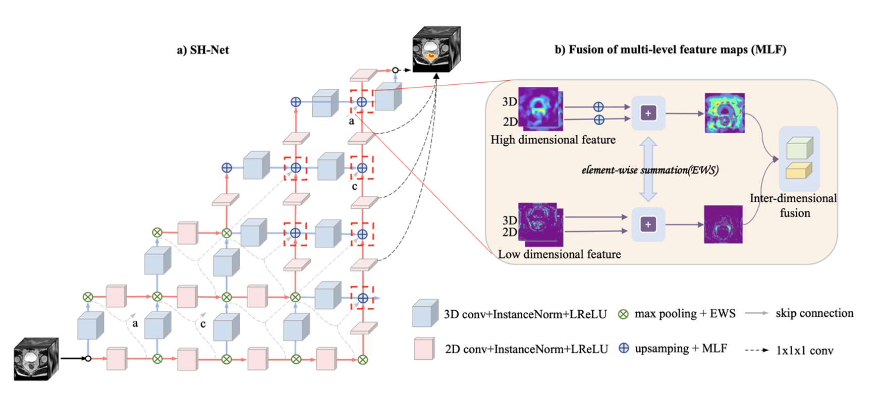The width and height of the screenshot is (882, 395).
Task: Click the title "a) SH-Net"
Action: pos(203,50)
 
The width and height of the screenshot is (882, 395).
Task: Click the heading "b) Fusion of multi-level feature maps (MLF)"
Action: pos(670,49)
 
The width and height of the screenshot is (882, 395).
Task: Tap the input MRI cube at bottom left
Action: pos(36,359)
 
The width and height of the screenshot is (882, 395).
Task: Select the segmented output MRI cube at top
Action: pos(436,49)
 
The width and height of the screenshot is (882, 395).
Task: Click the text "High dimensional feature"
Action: pos(553,140)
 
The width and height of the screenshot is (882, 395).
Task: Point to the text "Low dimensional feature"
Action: pos(559,254)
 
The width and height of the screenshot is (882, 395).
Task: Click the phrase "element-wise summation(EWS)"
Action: pos(650,170)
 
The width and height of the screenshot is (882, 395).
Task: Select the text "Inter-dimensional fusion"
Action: pos(794,205)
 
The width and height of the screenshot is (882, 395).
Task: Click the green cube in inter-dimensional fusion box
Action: pos(799,148)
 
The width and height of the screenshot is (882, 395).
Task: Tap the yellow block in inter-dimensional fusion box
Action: pos(799,171)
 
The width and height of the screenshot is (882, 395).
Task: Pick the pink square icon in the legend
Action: pos(424,349)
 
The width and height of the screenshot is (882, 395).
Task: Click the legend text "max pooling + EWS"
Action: pos(685,314)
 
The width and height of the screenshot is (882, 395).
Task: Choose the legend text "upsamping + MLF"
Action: pos(681,349)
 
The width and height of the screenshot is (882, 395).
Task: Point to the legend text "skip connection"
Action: pos(814,313)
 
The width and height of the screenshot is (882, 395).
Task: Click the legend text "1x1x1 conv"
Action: pos(805,351)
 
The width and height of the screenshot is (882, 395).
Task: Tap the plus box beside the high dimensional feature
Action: pos(648,113)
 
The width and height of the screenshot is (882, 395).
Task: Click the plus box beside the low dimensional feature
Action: pos(648,224)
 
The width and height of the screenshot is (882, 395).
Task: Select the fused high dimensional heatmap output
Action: pos(725,113)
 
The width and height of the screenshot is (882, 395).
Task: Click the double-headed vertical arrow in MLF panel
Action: pos(648,170)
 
